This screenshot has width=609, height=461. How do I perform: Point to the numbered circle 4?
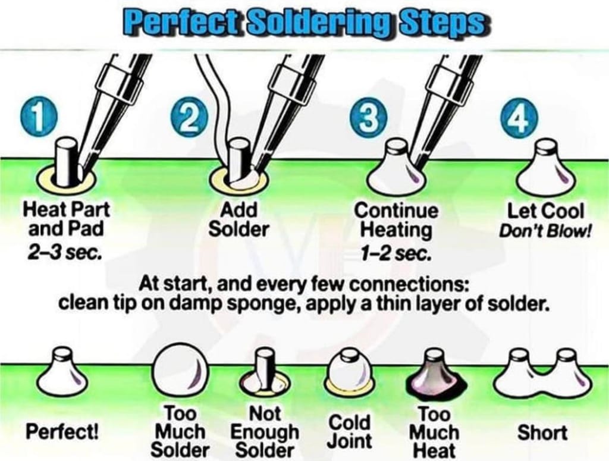[520, 117]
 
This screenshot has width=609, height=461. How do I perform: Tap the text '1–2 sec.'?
[395, 253]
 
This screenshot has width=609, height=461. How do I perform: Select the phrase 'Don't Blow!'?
[545, 231]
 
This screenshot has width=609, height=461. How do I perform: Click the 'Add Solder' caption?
[238, 220]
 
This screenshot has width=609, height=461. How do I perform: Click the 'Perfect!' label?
[62, 432]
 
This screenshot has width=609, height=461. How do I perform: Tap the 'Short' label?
[542, 432]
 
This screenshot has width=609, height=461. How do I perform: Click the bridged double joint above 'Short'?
[542, 374]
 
